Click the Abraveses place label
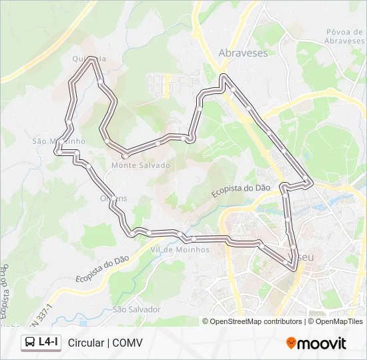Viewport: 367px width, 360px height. (x=243, y=53)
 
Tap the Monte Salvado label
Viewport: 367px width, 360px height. (x=141, y=165)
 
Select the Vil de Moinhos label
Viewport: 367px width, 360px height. (x=180, y=249)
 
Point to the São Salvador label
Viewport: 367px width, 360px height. (x=137, y=309)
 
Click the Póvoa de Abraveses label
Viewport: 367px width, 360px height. (x=345, y=36)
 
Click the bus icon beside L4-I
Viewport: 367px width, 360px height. (x=31, y=343)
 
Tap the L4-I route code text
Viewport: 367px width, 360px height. (x=49, y=343)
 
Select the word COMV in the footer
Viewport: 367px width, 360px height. (x=127, y=343)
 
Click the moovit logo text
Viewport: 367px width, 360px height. (x=322, y=343)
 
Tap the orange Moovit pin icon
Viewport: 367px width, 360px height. (x=291, y=343)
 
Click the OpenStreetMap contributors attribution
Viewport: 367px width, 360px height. (x=256, y=321)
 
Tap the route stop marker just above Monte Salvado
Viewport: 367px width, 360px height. (x=125, y=156)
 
